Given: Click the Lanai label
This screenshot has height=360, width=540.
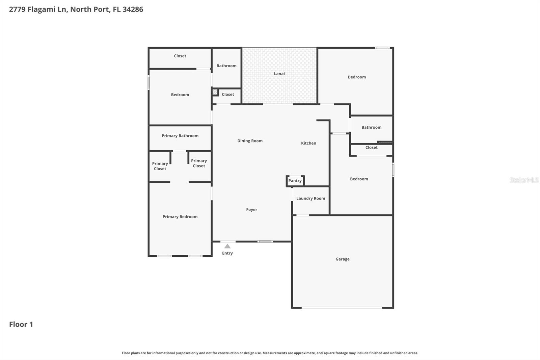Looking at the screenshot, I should tap(279, 74).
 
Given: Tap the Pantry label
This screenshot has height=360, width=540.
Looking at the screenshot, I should tap(295, 181).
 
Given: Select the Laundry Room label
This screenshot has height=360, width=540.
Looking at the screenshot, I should tap(310, 199).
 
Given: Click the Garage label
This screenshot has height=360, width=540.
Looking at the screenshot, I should tap(342, 259).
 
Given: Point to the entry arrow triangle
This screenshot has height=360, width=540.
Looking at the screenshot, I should tap(227, 246).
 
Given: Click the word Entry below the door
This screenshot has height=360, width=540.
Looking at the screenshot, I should tap(227, 253).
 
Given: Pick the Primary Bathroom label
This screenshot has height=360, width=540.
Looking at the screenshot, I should tap(180, 136).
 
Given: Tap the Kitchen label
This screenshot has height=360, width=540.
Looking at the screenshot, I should tap(308, 143).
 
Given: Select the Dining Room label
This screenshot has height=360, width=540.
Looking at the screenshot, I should tap(250, 141).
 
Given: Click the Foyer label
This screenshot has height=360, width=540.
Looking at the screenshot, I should tap(251, 210).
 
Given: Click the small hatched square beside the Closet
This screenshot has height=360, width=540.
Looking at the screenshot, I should tap(215, 92).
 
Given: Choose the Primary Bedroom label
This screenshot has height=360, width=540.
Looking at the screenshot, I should tap(180, 217).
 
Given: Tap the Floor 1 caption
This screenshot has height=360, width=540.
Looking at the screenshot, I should tap(21, 324).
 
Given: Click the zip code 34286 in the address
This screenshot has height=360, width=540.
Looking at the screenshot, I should tap(133, 9).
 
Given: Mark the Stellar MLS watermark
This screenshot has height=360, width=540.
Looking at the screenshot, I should tap(524, 180).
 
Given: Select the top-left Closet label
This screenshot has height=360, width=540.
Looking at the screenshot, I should tap(180, 56).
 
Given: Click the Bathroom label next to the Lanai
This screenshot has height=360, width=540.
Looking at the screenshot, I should tap(226, 66).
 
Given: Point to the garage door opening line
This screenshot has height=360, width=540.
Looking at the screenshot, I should tap(342, 308).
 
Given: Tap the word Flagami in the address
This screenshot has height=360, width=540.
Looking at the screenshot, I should tap(41, 9).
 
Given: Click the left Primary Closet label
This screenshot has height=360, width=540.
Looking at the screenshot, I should tap(160, 166).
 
